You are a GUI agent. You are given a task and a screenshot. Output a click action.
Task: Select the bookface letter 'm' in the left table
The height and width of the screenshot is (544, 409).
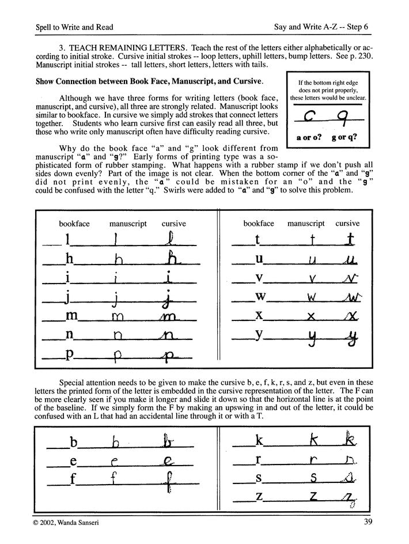71,316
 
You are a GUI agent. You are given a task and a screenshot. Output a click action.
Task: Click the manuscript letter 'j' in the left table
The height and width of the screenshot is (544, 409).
117,299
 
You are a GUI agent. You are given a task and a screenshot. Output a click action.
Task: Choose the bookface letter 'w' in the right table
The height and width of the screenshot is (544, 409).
260,297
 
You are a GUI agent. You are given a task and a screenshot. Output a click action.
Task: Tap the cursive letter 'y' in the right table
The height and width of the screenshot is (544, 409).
349,338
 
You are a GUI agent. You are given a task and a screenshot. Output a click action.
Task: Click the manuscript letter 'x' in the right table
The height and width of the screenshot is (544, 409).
310,316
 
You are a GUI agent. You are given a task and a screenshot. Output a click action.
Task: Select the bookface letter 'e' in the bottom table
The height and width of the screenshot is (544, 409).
73,461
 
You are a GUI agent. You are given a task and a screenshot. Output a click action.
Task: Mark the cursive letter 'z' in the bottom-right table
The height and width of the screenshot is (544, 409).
348,499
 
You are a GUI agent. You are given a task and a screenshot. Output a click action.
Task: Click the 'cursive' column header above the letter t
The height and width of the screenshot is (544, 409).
347,223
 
